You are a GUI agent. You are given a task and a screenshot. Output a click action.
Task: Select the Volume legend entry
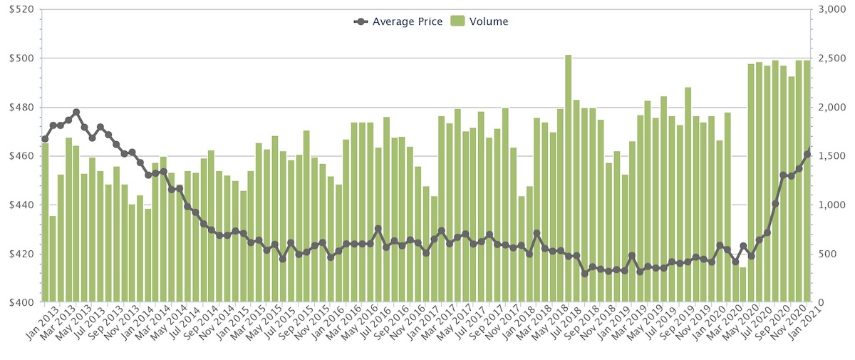coord(488,21)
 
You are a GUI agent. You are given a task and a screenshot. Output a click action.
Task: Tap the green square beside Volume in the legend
coord(457,21)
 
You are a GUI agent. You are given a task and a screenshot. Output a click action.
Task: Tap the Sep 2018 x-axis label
coord(573,324)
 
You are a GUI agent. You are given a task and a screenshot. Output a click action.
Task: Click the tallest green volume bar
coord(569,178)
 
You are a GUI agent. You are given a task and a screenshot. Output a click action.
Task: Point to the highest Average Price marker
coord(76,113)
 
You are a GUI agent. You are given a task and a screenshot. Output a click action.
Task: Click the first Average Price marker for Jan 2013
coord(45,139)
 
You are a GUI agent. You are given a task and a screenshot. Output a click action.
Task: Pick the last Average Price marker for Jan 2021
coord(807,154)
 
